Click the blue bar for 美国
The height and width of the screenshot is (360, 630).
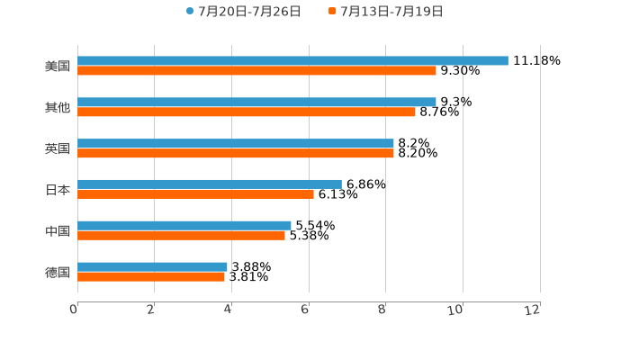pyautogui.click(x=292, y=60)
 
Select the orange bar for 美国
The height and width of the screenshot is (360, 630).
pyautogui.click(x=256, y=70)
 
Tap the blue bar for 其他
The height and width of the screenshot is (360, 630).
pyautogui.click(x=256, y=102)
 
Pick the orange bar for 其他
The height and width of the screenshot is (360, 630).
pyautogui.click(x=247, y=112)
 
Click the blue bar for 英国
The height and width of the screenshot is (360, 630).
pyautogui.click(x=236, y=143)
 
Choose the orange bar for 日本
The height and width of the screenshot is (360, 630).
pyautogui.click(x=195, y=194)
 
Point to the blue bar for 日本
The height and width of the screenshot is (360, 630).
pyautogui.click(x=210, y=184)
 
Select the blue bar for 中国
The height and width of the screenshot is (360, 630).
pyautogui.click(x=184, y=225)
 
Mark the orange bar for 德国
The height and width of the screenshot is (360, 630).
pyautogui.click(x=151, y=277)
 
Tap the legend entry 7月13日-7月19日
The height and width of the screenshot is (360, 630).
pyautogui.click(x=391, y=12)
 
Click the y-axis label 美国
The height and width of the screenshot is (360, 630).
pyautogui.click(x=57, y=66)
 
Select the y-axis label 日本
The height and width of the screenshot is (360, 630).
pyautogui.click(x=57, y=190)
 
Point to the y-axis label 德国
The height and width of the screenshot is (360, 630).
pyautogui.click(x=57, y=272)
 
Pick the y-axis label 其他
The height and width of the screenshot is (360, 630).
pyautogui.click(x=57, y=107)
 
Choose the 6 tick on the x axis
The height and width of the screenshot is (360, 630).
pyautogui.click(x=306, y=310)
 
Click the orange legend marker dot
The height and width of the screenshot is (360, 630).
pyautogui.click(x=332, y=12)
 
